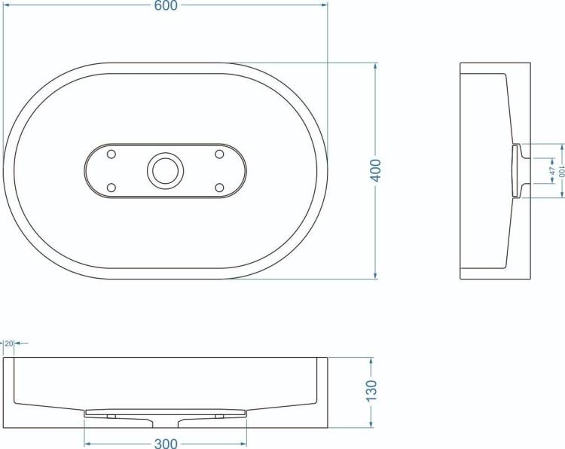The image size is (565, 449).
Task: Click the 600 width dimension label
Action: click(x=166, y=5)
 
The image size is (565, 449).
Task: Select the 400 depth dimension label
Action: click(x=375, y=170)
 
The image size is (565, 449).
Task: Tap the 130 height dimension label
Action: click(x=371, y=390)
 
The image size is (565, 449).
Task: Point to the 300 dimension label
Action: click(x=166, y=443)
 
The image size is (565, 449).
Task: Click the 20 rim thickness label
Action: click(x=9, y=344)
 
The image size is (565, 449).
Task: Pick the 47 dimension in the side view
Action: click(x=552, y=170)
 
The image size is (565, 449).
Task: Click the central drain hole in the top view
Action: click(x=166, y=170)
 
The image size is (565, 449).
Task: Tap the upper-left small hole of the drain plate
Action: click(x=111, y=154)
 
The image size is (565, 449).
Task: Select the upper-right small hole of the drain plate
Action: click(x=219, y=154)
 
